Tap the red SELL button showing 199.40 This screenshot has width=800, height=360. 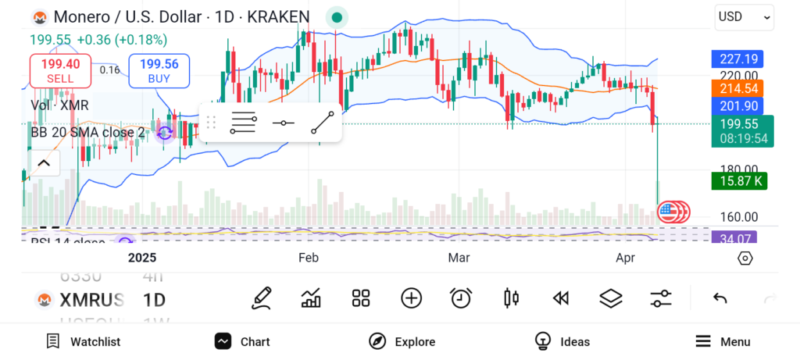(x=60, y=71)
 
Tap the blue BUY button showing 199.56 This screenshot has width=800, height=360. (x=159, y=71)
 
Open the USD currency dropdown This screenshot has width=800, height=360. (x=744, y=16)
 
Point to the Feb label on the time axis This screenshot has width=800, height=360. (x=308, y=258)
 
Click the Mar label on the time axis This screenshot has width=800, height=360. (x=459, y=258)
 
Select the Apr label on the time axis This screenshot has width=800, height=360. (x=626, y=258)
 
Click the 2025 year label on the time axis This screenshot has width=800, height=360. (x=142, y=258)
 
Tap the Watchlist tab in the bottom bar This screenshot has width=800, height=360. (x=83, y=341)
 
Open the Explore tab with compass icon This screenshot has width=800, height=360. (x=402, y=341)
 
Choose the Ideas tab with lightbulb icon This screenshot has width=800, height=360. (x=562, y=341)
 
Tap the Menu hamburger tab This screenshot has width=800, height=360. (x=723, y=341)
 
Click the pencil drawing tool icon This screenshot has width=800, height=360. (x=262, y=298)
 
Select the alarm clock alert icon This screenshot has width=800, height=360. (x=461, y=298)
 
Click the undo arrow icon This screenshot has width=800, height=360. (x=720, y=298)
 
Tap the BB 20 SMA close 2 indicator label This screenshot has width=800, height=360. (x=87, y=132)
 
